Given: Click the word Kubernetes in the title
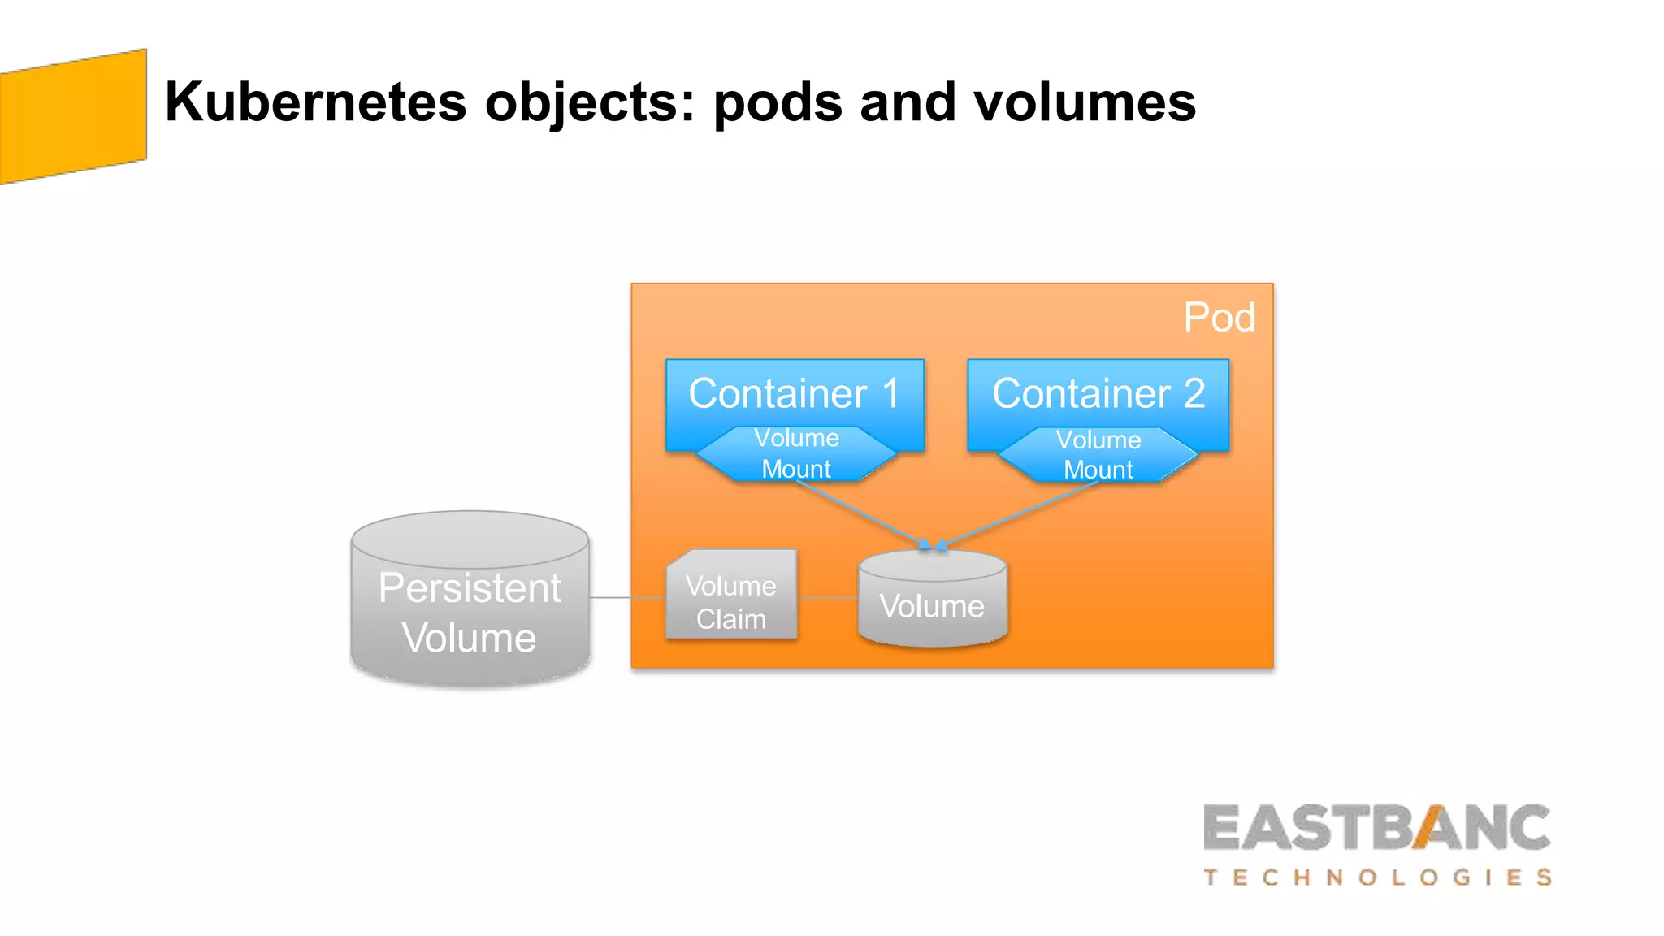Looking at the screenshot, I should point(315,102).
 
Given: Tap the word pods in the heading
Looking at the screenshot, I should point(778,104).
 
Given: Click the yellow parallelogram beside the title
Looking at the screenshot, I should point(73,116).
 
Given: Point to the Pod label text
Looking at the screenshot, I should point(1219,317).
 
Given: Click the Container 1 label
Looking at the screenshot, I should point(794,393).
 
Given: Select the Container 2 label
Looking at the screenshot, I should point(1098,393).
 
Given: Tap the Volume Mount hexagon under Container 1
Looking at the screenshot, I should point(796,454).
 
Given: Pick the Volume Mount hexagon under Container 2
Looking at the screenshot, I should point(1098,455).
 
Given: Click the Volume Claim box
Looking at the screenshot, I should point(731,602).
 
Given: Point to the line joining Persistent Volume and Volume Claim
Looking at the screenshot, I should point(626,597).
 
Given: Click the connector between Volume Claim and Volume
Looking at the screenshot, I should point(827,597).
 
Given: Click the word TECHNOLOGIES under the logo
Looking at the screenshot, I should point(1377,877).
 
